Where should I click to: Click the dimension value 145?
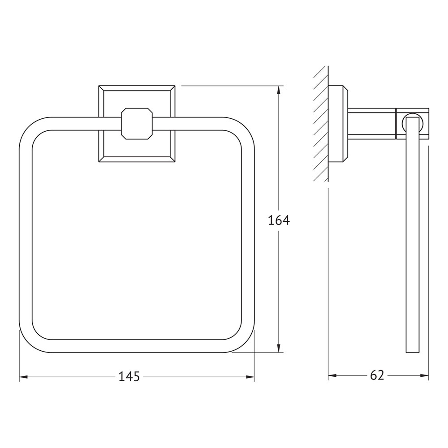129,377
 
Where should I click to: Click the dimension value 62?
377,375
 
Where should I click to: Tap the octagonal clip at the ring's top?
137,124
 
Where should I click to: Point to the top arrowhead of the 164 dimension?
279,90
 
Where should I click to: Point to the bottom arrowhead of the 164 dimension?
279,348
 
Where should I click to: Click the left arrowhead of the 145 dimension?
23,377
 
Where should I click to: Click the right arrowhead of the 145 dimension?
250,377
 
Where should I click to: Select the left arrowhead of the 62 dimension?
332,375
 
